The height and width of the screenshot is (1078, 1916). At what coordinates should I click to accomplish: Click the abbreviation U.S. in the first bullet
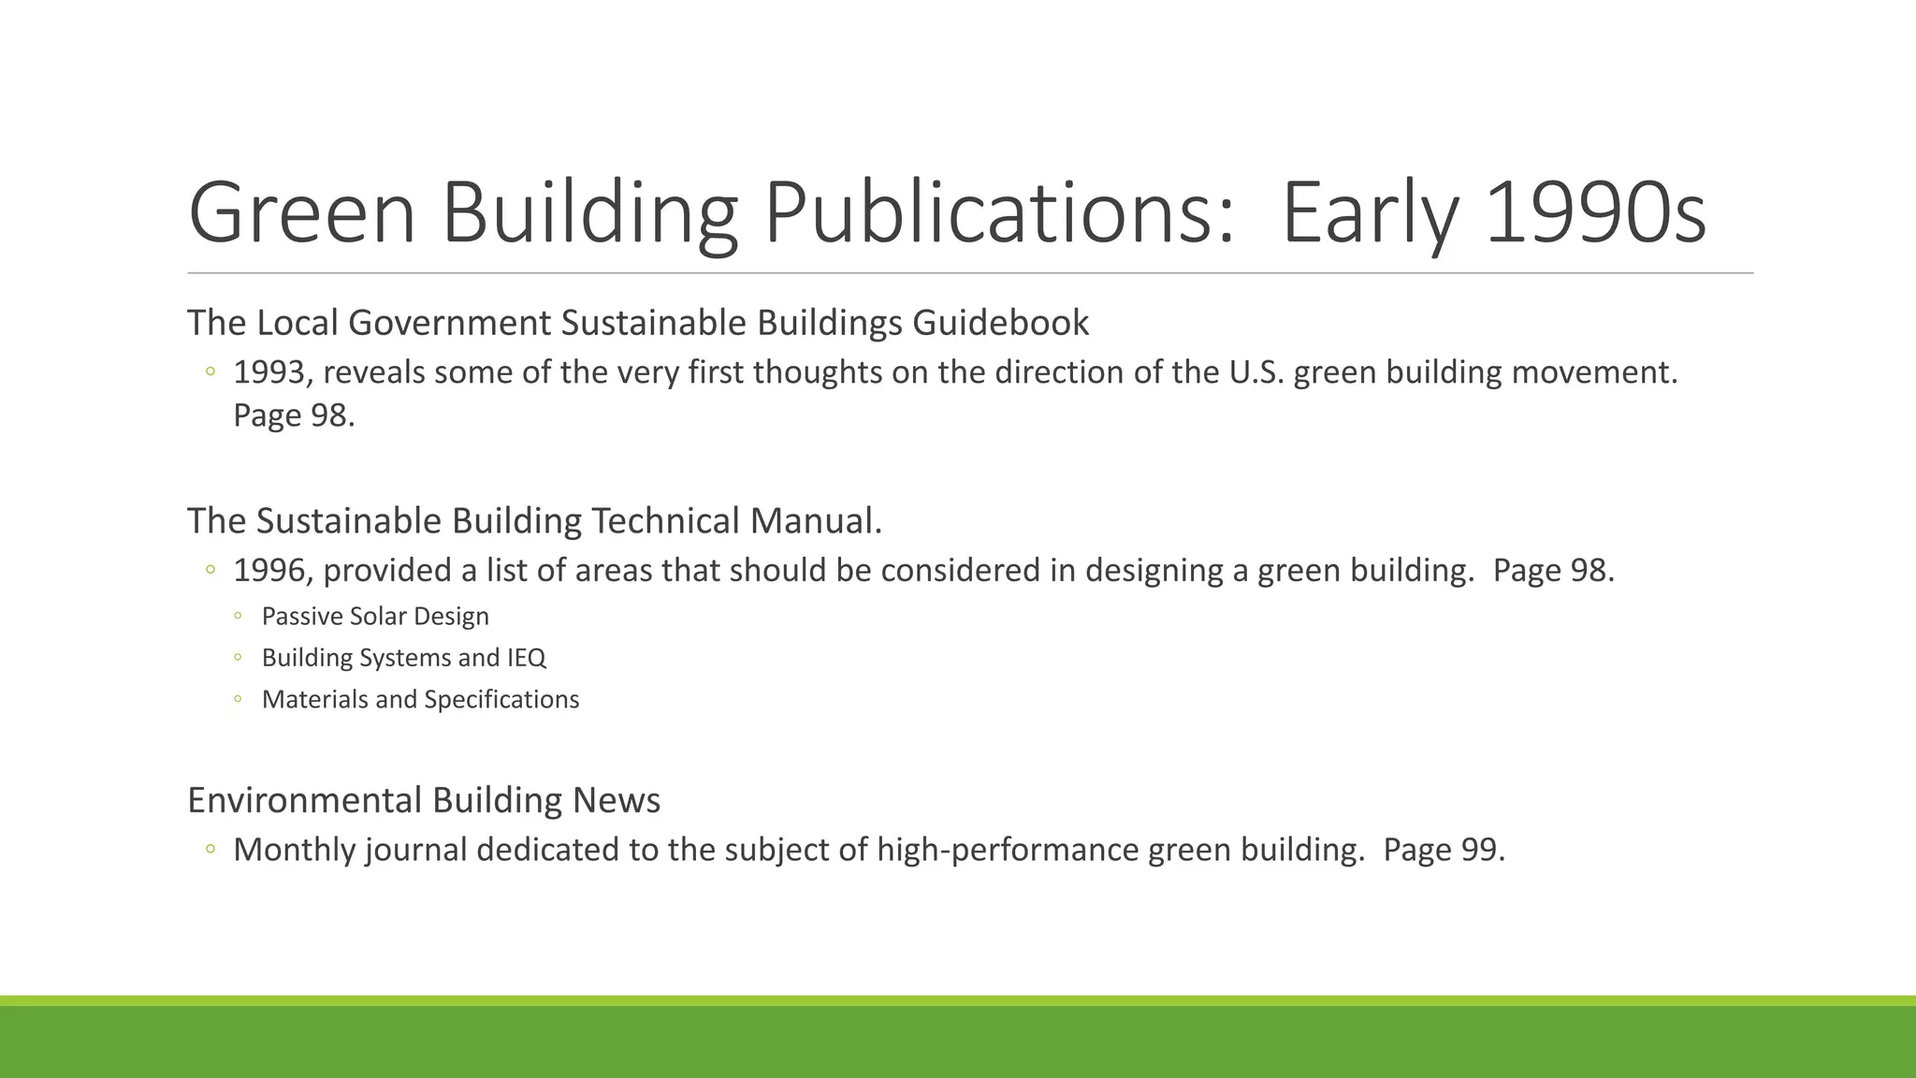click(x=1256, y=372)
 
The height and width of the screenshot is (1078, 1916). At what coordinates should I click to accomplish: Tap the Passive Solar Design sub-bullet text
click(x=375, y=617)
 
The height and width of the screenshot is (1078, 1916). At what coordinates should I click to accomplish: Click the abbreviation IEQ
click(x=526, y=658)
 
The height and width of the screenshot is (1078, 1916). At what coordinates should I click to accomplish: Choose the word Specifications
click(x=501, y=700)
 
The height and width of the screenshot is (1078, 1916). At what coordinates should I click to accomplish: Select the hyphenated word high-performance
click(x=1007, y=850)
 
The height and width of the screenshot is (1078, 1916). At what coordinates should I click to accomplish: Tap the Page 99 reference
click(x=1443, y=850)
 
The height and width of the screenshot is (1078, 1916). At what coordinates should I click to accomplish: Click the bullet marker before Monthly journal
click(x=210, y=850)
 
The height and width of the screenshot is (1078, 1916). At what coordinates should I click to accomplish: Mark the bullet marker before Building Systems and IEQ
click(x=239, y=658)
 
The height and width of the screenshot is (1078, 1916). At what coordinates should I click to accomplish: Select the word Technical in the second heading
click(x=665, y=521)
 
